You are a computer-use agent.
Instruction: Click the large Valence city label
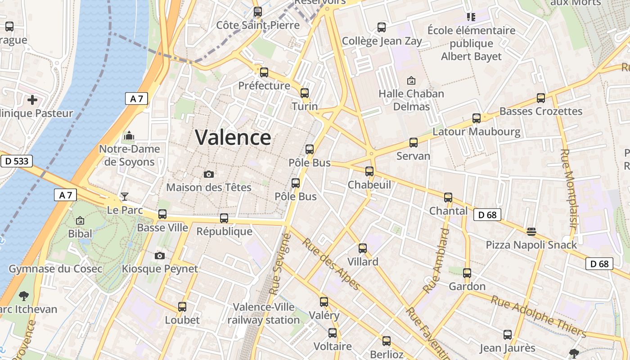tap(233, 138)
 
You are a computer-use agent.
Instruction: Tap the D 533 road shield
tap(16, 161)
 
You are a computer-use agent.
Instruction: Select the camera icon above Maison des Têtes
tap(209, 174)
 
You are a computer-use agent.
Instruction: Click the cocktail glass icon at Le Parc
tap(125, 197)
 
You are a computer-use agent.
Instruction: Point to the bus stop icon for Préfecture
tap(264, 72)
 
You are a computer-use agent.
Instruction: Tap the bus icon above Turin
tap(305, 93)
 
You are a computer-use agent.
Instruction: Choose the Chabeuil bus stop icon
tap(369, 171)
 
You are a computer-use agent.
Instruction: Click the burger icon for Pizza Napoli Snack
tap(531, 231)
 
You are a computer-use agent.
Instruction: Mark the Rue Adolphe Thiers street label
tap(538, 316)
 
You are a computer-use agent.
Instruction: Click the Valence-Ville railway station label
tap(264, 314)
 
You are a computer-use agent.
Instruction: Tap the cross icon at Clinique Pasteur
tap(32, 99)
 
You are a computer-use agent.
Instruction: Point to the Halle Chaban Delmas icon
tap(411, 81)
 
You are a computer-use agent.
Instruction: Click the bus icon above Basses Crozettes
tap(541, 98)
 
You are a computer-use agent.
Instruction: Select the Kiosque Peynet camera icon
tap(159, 256)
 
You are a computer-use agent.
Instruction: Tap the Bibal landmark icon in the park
tap(80, 220)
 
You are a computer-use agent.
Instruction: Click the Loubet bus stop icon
tap(182, 307)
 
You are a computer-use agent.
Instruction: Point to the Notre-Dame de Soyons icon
tap(130, 135)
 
